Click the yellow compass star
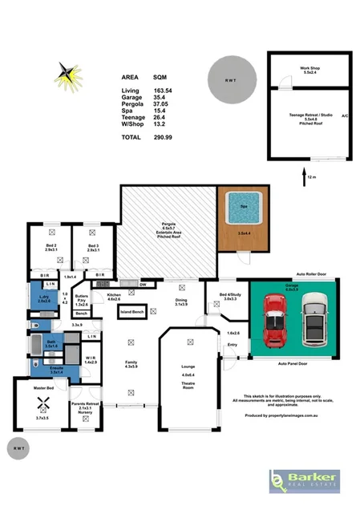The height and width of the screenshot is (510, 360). [67, 76]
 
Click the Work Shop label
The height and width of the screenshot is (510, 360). [309, 69]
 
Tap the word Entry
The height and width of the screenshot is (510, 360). [233, 345]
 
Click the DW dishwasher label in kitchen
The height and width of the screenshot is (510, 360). [142, 285]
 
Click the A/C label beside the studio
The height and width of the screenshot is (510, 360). [344, 115]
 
